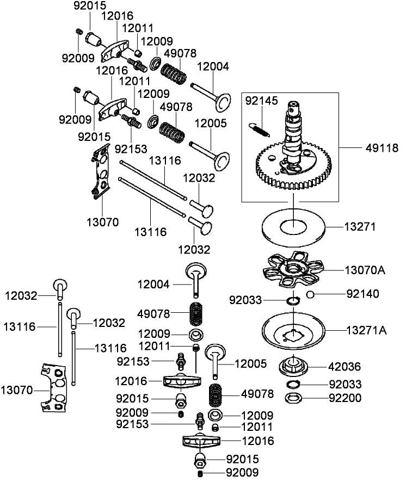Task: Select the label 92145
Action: [261, 101]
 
